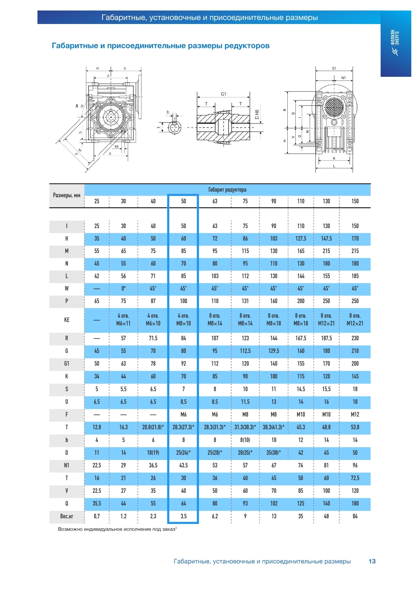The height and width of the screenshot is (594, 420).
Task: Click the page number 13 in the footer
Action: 372,561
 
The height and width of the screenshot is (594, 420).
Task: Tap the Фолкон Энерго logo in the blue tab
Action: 395,42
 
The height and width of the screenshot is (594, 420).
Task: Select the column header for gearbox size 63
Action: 215,201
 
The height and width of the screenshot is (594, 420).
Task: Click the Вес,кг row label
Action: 67,516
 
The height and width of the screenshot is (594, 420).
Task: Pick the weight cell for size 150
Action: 355,516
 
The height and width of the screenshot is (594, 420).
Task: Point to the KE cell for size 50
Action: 183,320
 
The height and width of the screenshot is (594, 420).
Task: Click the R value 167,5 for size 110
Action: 301,338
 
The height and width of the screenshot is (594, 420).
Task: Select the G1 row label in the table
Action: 67,364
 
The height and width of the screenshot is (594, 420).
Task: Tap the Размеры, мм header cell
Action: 67,195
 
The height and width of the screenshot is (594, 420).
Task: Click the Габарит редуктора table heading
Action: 227,190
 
